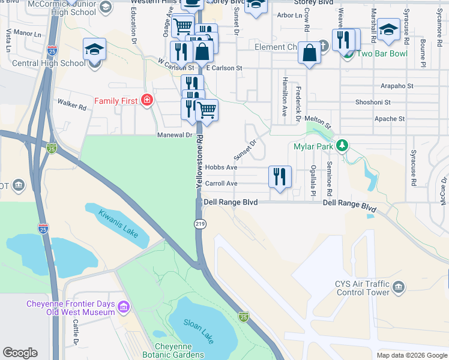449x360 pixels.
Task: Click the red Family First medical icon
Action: click(146, 101)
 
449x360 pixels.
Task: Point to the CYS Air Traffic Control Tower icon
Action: click(398, 289)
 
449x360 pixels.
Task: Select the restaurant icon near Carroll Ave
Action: click(280, 177)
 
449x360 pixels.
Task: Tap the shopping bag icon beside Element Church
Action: click(310, 53)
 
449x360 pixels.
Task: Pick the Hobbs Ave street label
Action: click(221, 167)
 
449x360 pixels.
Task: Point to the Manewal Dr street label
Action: click(175, 135)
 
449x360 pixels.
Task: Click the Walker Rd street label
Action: click(72, 105)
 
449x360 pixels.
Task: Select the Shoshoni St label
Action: click(373, 103)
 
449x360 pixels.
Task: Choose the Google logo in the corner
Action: click(20, 352)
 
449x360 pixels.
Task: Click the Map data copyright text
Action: click(411, 355)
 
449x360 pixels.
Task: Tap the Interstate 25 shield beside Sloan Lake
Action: click(243, 317)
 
